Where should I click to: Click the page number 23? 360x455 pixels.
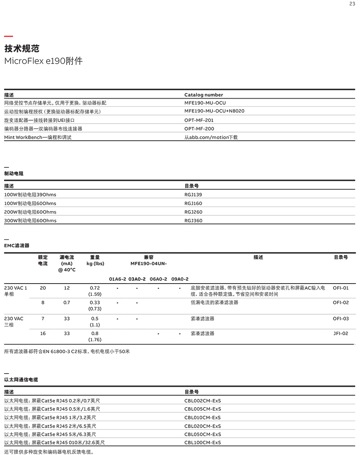tap(352, 4)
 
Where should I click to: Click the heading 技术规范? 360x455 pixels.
tap(22, 49)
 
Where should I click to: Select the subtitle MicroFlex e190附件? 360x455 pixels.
tap(43, 61)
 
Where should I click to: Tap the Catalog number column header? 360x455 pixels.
tap(204, 95)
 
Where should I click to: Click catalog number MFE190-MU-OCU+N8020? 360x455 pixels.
tap(214, 111)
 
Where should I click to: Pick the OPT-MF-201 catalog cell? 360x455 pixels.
tap(199, 120)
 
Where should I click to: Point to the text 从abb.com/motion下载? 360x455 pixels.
tap(211, 137)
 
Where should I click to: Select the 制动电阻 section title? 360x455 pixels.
tap(14, 173)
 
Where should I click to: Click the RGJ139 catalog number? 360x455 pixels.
tap(193, 195)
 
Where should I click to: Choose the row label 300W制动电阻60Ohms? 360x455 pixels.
tap(30, 221)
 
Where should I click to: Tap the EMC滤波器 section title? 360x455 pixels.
tap(17, 246)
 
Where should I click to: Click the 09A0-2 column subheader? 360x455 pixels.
tap(180, 279)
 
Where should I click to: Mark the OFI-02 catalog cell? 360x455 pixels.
tap(341, 303)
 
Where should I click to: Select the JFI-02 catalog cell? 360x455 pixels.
tap(341, 333)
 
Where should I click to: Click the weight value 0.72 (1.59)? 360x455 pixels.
tap(95, 291)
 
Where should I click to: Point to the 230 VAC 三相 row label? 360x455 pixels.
tap(13, 322)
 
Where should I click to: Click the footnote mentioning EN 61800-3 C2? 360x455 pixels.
tap(67, 351)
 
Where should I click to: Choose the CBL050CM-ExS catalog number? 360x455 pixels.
tap(202, 434)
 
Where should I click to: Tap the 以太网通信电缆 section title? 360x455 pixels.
tap(21, 380)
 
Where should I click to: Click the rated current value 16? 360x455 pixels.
tap(43, 333)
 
